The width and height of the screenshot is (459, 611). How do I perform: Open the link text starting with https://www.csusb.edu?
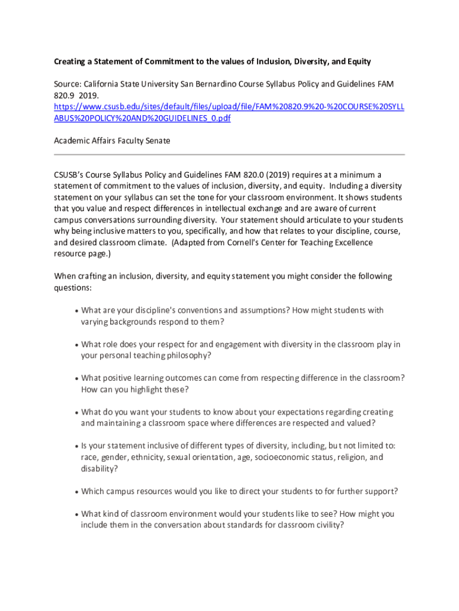[x=229, y=107]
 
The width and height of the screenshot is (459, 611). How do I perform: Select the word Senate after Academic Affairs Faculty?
[x=156, y=141]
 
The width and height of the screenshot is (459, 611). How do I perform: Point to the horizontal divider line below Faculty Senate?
[x=229, y=155]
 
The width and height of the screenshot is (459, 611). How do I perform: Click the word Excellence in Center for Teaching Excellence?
[x=351, y=242]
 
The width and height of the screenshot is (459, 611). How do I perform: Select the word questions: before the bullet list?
[x=73, y=287]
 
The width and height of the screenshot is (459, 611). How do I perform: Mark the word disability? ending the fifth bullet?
[x=100, y=469]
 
